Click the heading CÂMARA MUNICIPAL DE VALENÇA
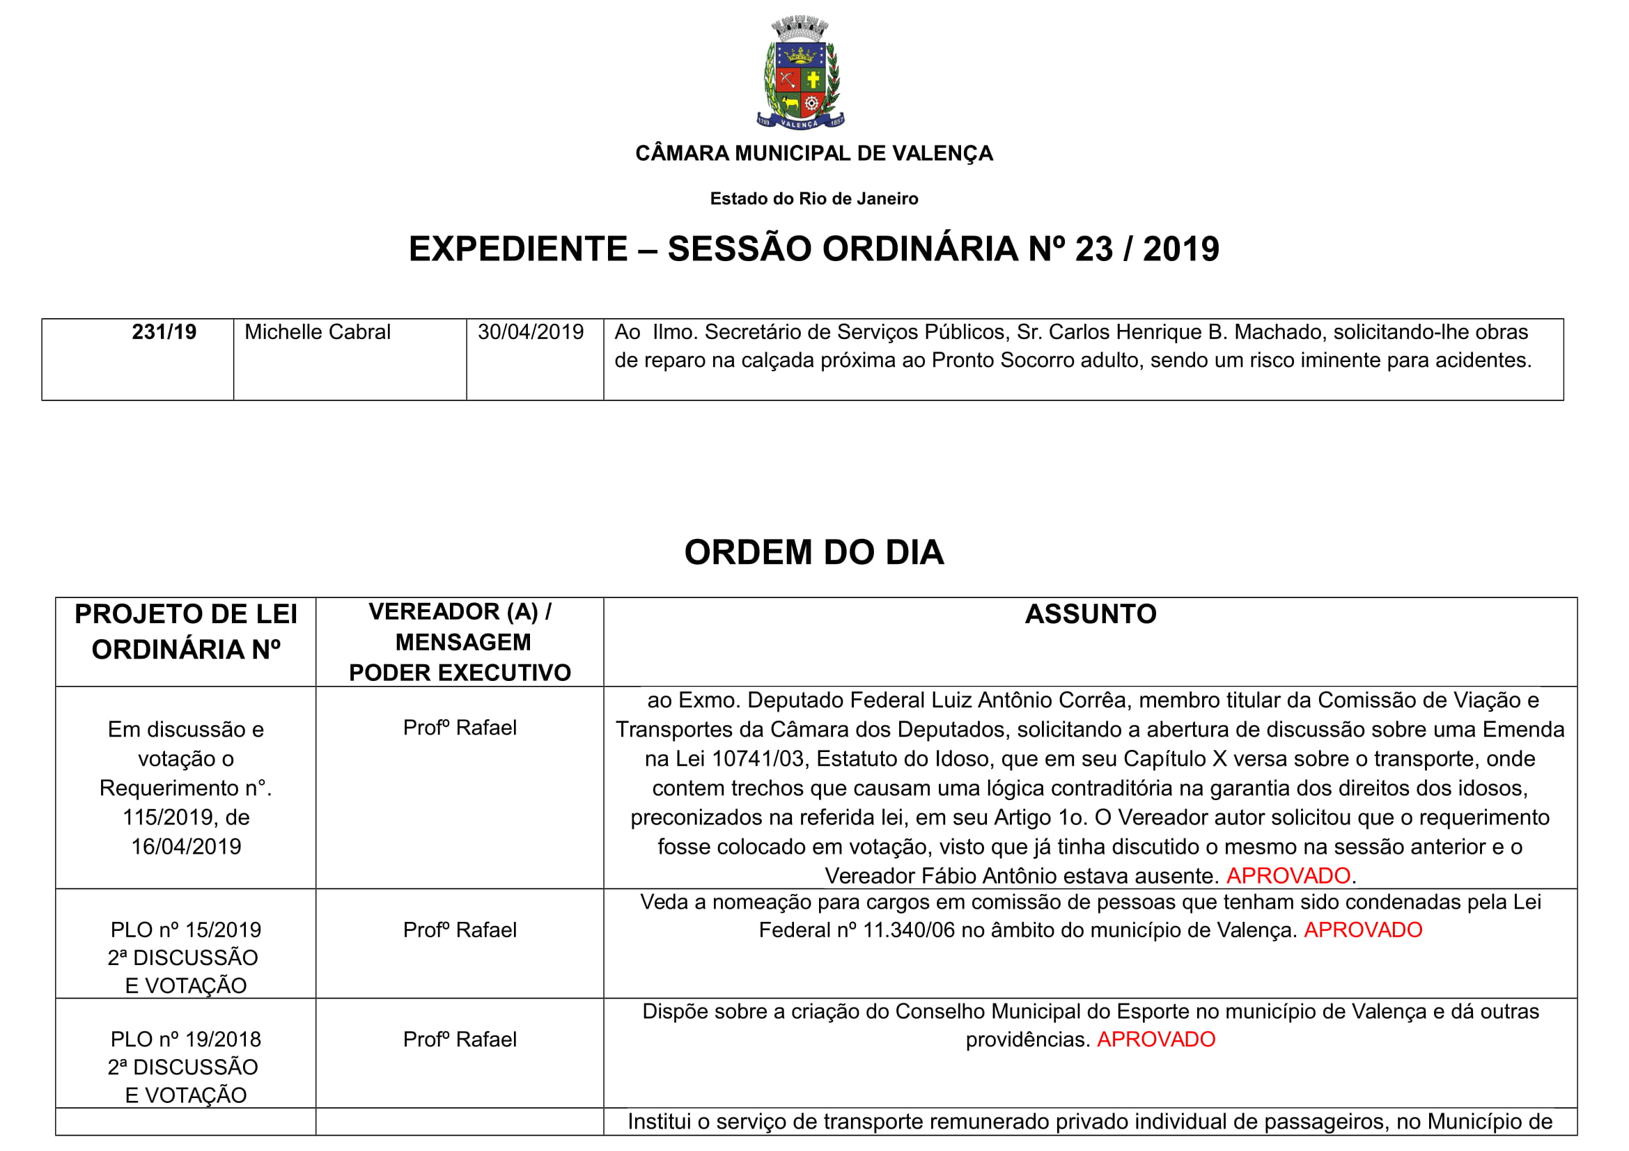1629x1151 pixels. [813, 153]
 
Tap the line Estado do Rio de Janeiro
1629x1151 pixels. [813, 198]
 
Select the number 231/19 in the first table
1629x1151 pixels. [164, 332]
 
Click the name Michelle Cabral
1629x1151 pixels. [317, 332]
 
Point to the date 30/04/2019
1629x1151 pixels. [530, 332]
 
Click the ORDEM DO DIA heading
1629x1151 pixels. [813, 552]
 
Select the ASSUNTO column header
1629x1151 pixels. [1091, 614]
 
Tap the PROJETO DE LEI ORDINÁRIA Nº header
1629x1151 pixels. [186, 631]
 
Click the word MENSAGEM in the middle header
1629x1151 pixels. [462, 642]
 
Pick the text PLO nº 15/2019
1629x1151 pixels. [186, 930]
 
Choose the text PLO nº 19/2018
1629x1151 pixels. [186, 1040]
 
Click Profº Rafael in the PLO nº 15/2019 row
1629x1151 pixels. [460, 930]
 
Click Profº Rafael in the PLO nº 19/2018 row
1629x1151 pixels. [460, 1040]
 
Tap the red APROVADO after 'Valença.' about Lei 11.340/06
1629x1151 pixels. [1363, 930]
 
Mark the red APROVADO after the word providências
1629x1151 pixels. [1156, 1040]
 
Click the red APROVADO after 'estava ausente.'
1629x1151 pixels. [1288, 876]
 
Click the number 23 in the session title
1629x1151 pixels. [1093, 249]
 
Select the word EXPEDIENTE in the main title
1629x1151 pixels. [518, 249]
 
